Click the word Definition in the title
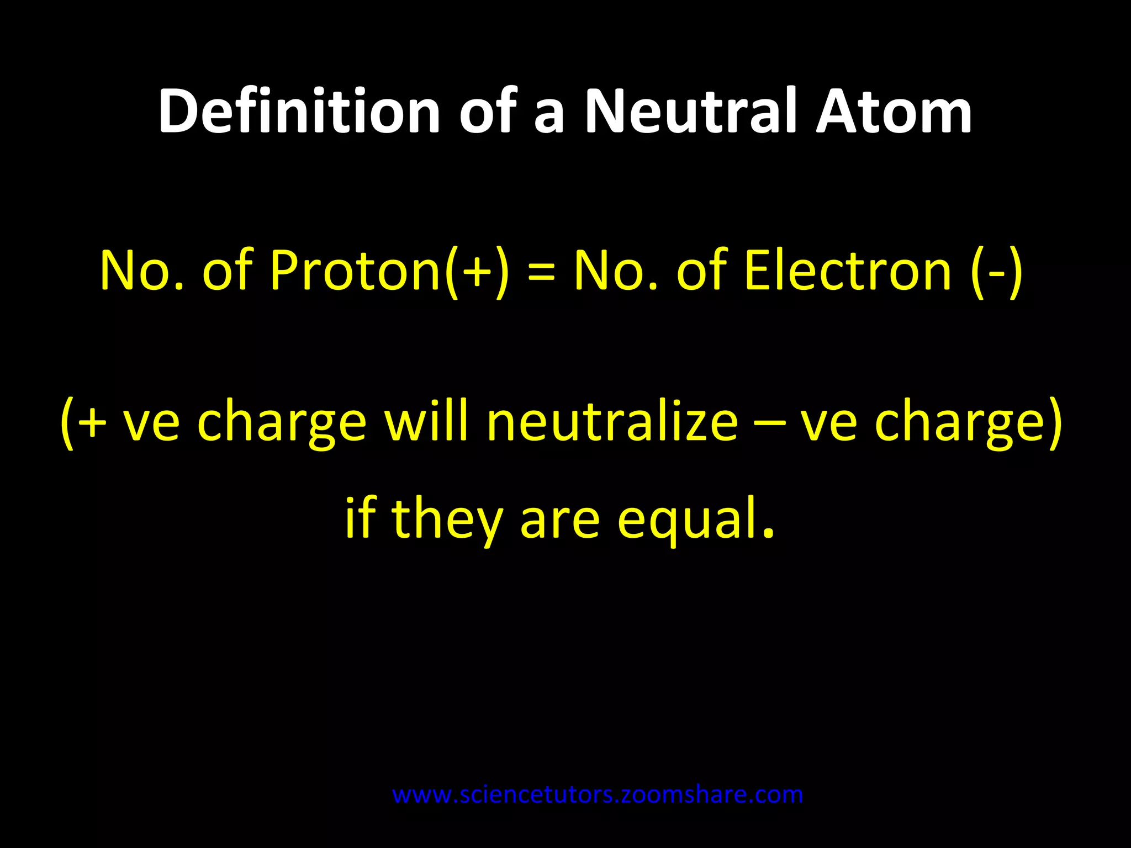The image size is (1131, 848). pyautogui.click(x=299, y=112)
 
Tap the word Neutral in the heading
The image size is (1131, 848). pyautogui.click(x=690, y=112)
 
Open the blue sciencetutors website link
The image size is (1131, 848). pyautogui.click(x=597, y=795)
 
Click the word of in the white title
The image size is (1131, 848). pyautogui.click(x=487, y=112)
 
